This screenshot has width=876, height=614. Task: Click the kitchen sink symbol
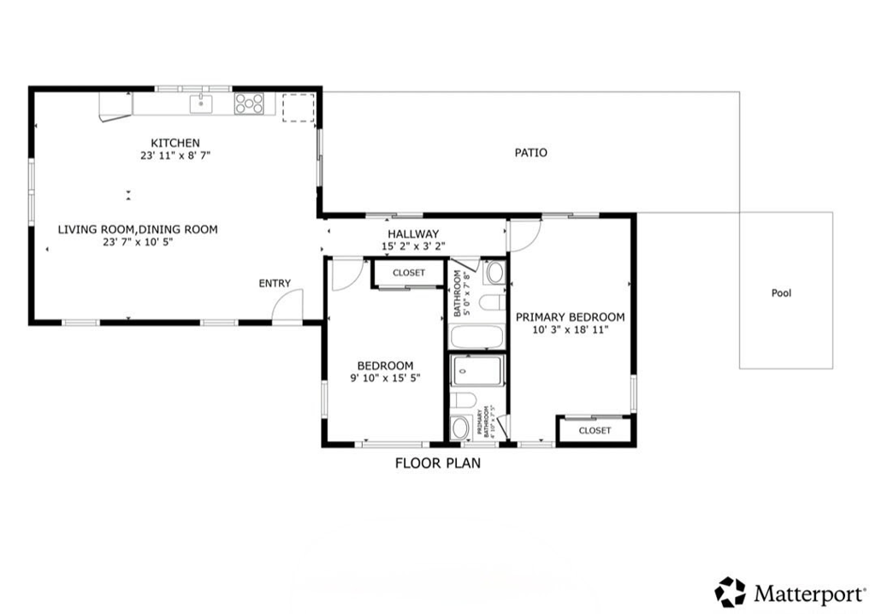point(201,103)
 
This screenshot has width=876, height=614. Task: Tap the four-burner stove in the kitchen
point(250,103)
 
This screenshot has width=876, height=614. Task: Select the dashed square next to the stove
point(299,108)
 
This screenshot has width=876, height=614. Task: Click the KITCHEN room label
point(175,143)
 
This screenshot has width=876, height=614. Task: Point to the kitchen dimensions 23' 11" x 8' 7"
point(175,156)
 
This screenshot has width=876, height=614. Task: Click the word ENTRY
point(275,284)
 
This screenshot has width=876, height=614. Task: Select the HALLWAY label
point(413,234)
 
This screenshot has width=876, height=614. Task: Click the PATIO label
point(530,153)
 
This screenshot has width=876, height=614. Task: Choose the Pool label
point(781,293)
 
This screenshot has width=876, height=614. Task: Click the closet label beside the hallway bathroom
point(408,273)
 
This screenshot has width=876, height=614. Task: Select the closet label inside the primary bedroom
point(595,430)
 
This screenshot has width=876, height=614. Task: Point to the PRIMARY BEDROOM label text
point(570,317)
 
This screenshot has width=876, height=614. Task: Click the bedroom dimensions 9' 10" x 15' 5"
point(385,378)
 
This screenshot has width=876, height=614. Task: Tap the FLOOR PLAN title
point(437,464)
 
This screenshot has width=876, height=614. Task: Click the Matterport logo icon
point(730,592)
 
